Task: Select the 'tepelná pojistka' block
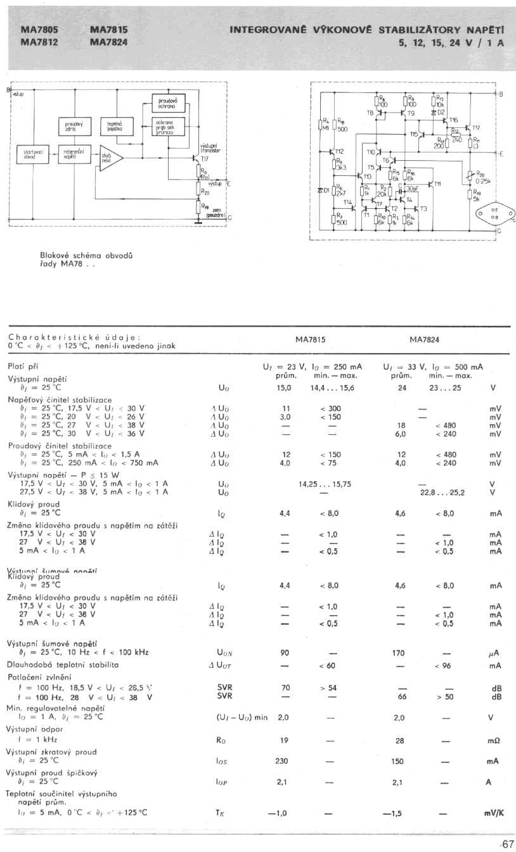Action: [x=115, y=125]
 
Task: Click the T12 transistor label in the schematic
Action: [x=339, y=152]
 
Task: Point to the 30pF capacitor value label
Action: [x=412, y=188]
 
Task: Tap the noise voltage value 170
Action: [x=400, y=653]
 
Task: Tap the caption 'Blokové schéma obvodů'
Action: [x=88, y=256]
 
